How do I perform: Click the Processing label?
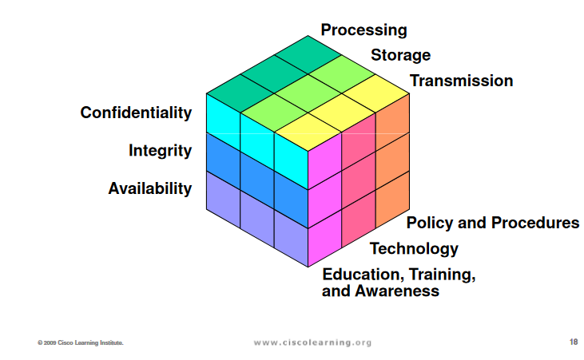pos(364,30)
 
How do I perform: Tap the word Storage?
pos(401,55)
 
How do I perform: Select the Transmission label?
pos(461,81)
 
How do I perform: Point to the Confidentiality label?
pos(136,113)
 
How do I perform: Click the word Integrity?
pos(160,151)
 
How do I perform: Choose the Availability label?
pos(149,188)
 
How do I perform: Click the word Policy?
pos(430,223)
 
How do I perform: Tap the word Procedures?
pos(535,223)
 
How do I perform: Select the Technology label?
pos(414,249)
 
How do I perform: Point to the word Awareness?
pos(397,291)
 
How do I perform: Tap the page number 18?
pos(574,342)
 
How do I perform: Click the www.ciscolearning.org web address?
pos(312,342)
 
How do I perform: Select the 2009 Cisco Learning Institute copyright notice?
pos(81,342)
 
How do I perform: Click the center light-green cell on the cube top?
pos(308,93)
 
